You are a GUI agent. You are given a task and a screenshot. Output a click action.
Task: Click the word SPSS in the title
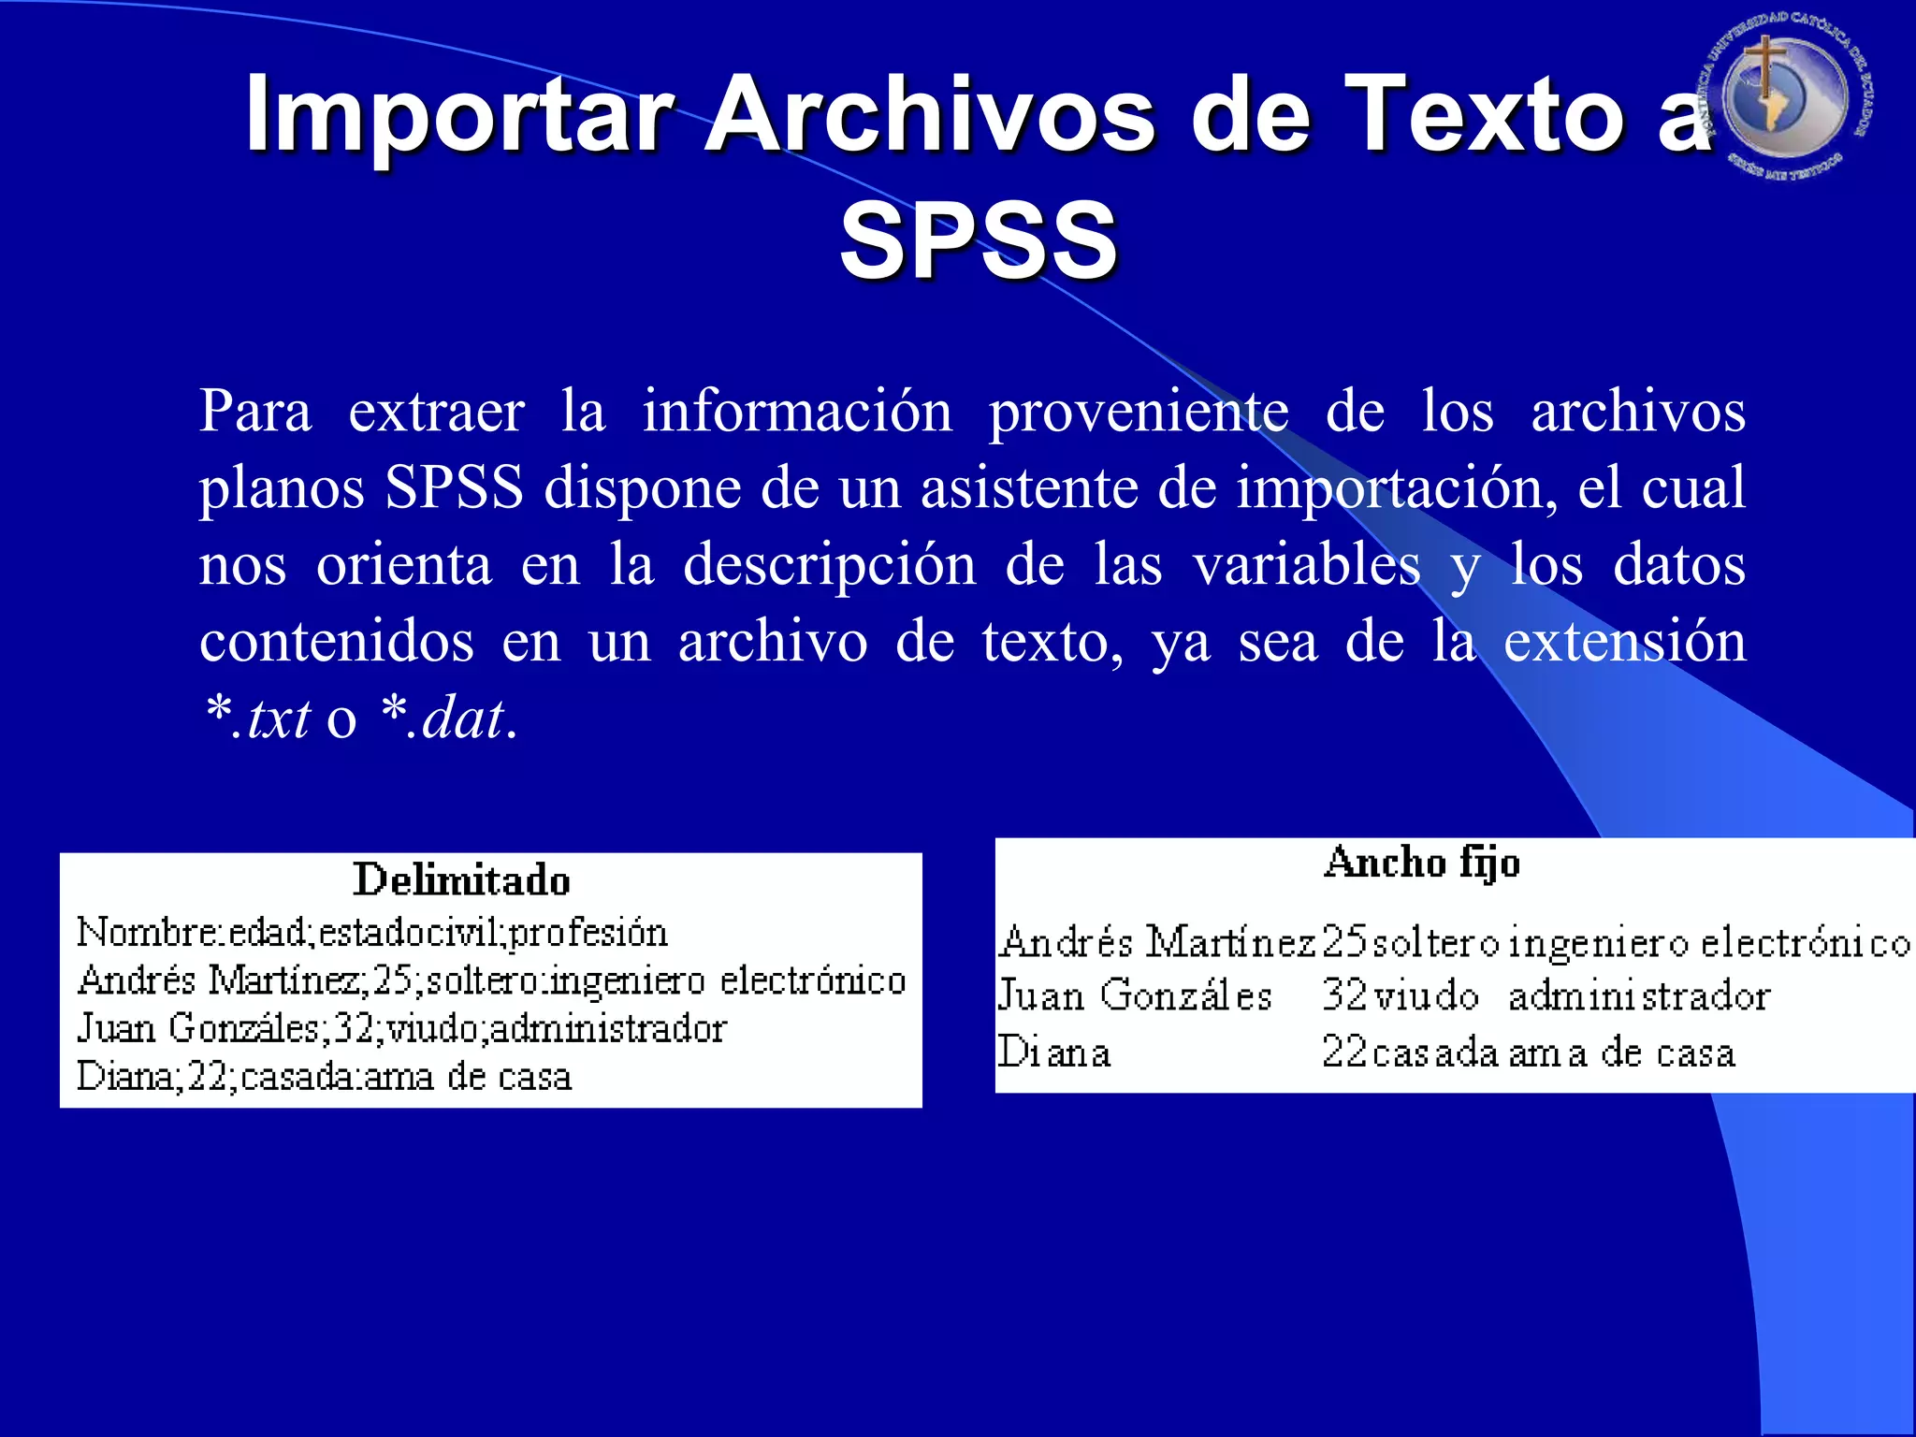point(979,240)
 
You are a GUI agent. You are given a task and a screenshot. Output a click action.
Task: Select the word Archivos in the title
point(930,114)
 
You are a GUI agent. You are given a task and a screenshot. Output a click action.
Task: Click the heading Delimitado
point(462,880)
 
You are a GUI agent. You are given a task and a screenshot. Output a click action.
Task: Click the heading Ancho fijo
point(1422,863)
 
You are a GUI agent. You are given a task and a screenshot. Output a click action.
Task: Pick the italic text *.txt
point(257,718)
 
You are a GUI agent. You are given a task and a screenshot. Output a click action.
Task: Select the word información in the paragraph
point(797,412)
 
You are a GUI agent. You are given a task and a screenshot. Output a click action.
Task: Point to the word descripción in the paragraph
point(830,565)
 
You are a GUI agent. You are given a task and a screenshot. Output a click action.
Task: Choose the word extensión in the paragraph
point(1625,642)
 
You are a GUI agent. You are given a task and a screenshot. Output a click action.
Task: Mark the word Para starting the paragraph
point(255,412)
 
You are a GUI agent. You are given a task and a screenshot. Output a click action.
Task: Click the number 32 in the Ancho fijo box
point(1345,995)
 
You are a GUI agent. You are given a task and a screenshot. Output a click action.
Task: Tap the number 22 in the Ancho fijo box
point(1345,1052)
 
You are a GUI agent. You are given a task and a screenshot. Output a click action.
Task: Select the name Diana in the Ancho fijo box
point(1054,1052)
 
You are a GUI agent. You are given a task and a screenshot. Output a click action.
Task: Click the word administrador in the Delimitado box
point(608,1029)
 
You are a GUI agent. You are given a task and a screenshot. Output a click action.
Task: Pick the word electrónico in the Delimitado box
point(813,980)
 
